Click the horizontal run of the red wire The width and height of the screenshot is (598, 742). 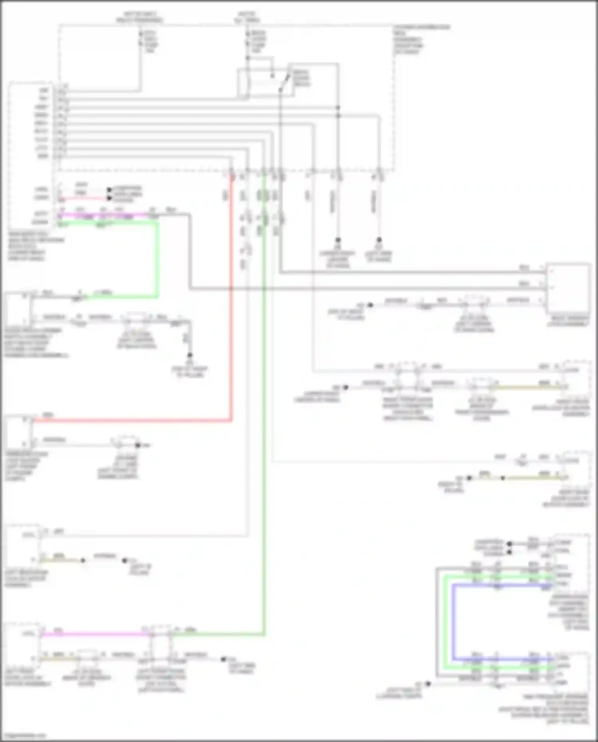point(132,420)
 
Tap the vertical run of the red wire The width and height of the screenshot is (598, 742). point(231,299)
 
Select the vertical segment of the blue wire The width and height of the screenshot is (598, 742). point(453,622)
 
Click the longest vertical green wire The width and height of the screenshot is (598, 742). point(264,399)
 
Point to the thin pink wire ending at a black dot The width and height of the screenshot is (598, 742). point(84,198)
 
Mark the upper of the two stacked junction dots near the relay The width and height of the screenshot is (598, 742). point(338,108)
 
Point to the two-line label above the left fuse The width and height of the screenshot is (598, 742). point(140,17)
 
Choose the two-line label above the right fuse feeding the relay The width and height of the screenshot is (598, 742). point(247,17)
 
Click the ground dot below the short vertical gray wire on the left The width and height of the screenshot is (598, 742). point(190,355)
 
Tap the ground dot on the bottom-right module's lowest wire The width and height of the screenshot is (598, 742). point(428,684)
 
